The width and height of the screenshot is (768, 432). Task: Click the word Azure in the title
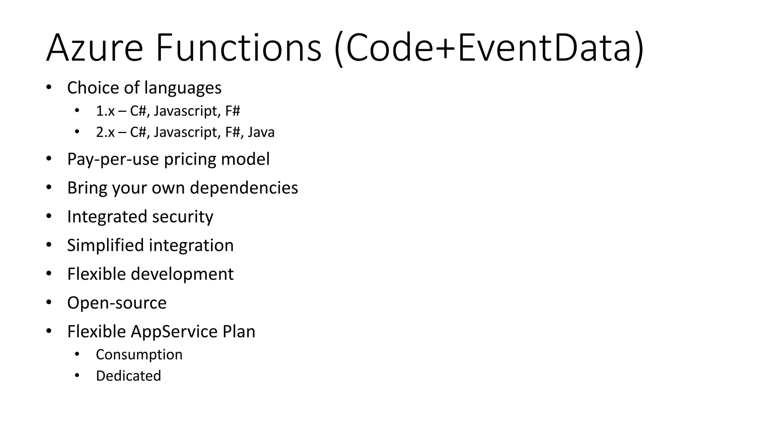[x=94, y=48]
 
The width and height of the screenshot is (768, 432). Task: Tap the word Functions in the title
[x=238, y=48]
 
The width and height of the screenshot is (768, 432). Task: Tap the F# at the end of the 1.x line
[x=232, y=111]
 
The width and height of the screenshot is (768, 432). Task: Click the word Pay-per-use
[x=113, y=159]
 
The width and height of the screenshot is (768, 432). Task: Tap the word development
[x=182, y=274]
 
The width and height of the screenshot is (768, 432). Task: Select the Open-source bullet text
[x=117, y=303]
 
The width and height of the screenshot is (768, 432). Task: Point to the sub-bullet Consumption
[x=139, y=355]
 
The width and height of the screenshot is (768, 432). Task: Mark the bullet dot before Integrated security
[x=49, y=216]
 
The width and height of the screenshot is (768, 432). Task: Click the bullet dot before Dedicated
[x=77, y=376]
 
